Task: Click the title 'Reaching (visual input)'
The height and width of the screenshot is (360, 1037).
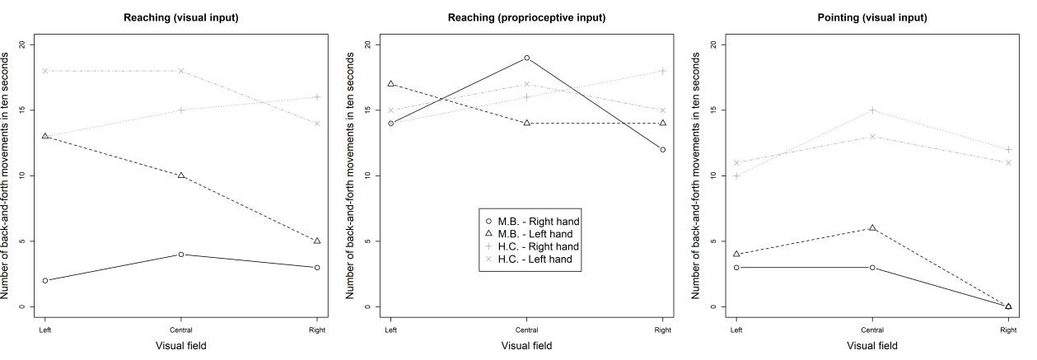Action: (x=180, y=16)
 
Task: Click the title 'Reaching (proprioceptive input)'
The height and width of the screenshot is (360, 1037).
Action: (x=526, y=16)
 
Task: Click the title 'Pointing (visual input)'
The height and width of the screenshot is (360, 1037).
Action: (x=872, y=16)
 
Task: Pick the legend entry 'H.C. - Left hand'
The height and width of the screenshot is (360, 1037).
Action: (x=537, y=259)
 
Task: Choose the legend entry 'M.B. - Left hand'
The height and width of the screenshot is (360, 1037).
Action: (x=537, y=234)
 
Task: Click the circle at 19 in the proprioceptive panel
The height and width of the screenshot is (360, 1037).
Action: (x=526, y=58)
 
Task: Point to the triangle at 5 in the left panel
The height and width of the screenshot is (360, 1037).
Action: (x=316, y=241)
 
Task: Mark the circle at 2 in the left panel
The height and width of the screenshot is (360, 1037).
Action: (x=44, y=281)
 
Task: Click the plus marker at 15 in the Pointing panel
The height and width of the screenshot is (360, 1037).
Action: (x=872, y=110)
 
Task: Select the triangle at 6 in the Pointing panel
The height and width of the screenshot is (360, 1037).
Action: (x=872, y=228)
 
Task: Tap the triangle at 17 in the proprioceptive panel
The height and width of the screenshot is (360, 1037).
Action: (x=390, y=84)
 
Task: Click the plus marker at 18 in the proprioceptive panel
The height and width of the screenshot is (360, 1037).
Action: (x=662, y=71)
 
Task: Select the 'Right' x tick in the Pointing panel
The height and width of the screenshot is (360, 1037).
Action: (x=1008, y=330)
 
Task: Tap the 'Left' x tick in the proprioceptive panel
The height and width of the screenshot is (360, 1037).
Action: (x=390, y=330)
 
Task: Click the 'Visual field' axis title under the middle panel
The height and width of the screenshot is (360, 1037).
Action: (x=526, y=346)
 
